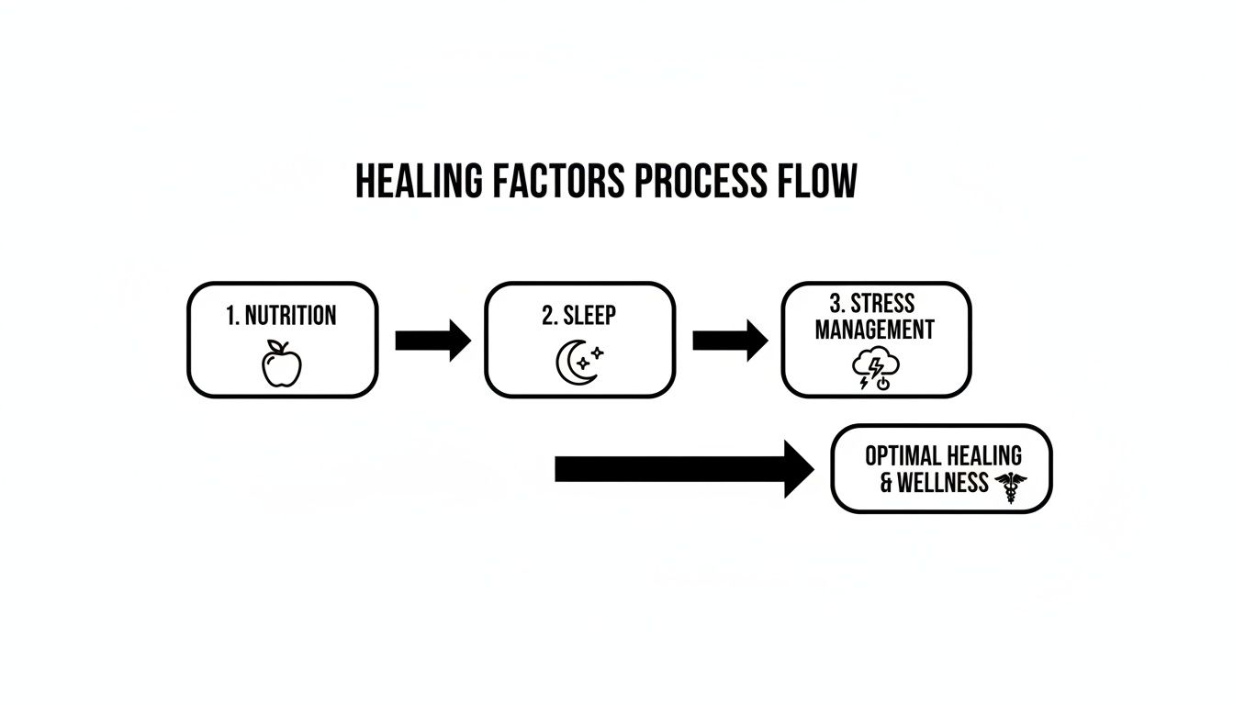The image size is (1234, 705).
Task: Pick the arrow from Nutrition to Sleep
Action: [432, 341]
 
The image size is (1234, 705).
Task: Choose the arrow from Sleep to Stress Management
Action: [730, 341]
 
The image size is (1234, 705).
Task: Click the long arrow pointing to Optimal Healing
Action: [684, 469]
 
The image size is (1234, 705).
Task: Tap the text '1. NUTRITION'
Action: [281, 316]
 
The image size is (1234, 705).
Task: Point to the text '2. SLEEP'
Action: [578, 315]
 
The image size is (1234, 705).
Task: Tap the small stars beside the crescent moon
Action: [596, 354]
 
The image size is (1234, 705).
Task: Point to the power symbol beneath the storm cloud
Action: [883, 384]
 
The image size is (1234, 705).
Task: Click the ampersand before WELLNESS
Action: [886, 483]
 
